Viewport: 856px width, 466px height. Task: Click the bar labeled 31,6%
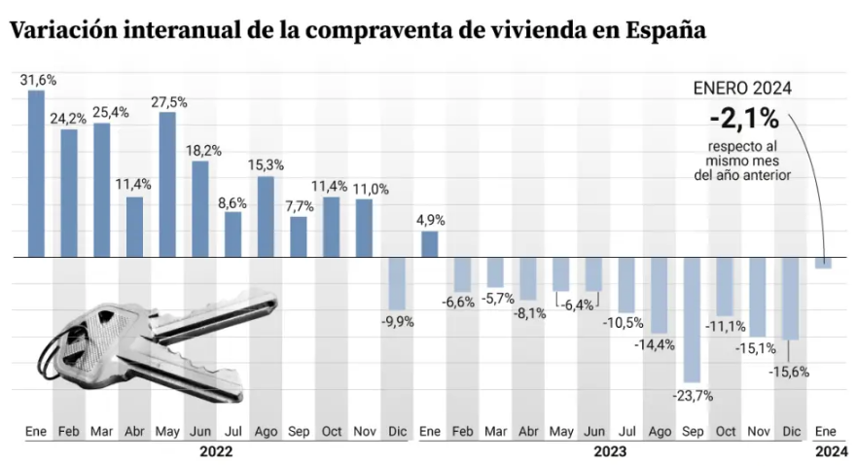click(x=36, y=174)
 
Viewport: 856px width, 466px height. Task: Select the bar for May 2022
click(x=167, y=185)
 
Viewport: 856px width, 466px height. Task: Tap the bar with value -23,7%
click(x=692, y=320)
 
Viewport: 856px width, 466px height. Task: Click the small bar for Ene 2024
click(x=823, y=263)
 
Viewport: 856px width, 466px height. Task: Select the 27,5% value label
click(x=168, y=101)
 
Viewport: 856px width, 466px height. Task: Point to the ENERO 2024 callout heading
click(x=742, y=88)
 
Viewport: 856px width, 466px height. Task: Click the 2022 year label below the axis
click(x=216, y=451)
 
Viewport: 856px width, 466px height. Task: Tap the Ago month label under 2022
click(x=266, y=431)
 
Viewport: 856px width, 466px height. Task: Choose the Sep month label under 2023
click(x=692, y=431)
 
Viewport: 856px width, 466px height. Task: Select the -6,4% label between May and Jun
click(x=577, y=305)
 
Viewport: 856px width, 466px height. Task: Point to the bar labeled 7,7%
click(x=299, y=237)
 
